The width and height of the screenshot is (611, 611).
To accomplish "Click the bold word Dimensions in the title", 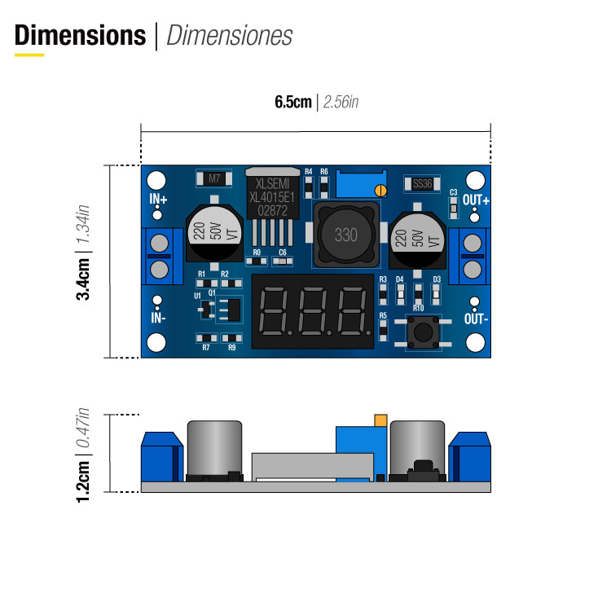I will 80,36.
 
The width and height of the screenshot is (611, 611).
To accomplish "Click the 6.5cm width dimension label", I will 292,102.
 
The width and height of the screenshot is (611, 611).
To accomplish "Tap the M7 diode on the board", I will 214,178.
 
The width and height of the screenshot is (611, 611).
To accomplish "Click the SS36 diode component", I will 421,183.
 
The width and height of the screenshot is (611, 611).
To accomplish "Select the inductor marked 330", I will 345,235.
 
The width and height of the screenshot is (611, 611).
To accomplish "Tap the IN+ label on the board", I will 158,200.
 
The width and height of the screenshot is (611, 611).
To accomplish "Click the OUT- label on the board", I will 476,319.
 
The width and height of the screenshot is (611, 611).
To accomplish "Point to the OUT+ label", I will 476,200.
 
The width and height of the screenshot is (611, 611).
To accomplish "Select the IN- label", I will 158,319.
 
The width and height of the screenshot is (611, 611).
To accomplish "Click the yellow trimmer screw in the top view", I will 380,190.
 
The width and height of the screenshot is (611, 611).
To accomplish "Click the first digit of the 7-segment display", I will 274,312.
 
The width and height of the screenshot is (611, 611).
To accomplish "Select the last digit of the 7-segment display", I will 352,312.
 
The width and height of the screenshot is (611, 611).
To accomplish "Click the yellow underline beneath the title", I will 29,55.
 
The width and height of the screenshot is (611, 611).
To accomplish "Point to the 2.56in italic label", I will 341,102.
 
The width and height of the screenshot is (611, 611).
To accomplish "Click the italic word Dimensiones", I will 229,36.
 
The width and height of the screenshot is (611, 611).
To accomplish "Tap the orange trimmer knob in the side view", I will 379,420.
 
